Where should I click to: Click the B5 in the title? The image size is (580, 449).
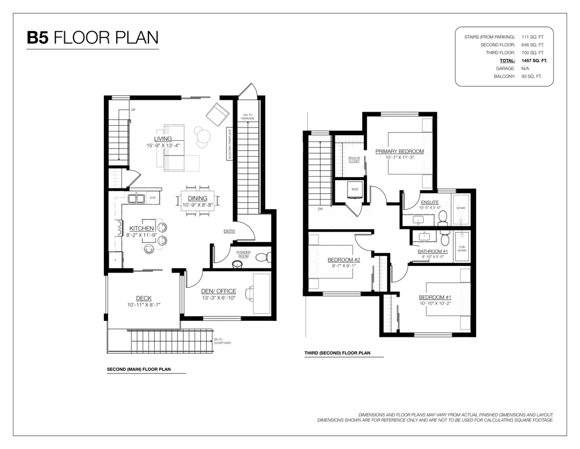click(x=38, y=38)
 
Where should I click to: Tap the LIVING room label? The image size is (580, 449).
click(x=163, y=139)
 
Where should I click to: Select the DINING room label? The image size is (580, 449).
click(x=197, y=198)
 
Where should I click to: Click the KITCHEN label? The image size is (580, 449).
click(x=142, y=229)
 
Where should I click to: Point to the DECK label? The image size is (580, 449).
click(x=144, y=298)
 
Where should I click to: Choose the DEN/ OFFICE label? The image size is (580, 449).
click(x=218, y=291)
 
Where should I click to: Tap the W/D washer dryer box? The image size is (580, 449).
click(x=355, y=189)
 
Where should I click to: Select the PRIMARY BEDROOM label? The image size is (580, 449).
click(x=400, y=151)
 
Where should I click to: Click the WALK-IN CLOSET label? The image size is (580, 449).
click(x=354, y=160)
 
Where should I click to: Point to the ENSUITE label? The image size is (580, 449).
click(x=430, y=202)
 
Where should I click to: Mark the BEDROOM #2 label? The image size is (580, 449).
click(x=343, y=260)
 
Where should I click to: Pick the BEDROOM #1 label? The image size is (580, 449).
click(x=435, y=297)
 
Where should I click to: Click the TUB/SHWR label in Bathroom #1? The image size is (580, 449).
click(x=462, y=249)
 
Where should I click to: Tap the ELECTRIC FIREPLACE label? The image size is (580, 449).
click(x=230, y=144)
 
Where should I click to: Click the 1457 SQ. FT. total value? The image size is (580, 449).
click(x=534, y=61)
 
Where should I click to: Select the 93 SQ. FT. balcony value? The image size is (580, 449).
click(x=532, y=77)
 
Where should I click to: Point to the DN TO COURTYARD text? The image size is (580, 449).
click(x=223, y=341)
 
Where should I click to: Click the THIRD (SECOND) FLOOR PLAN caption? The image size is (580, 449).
click(x=338, y=353)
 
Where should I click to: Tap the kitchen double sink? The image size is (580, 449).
click(x=137, y=198)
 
